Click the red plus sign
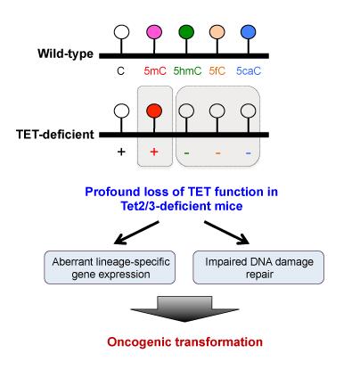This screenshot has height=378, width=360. (x=154, y=152)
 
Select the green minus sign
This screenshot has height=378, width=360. (x=186, y=152)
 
